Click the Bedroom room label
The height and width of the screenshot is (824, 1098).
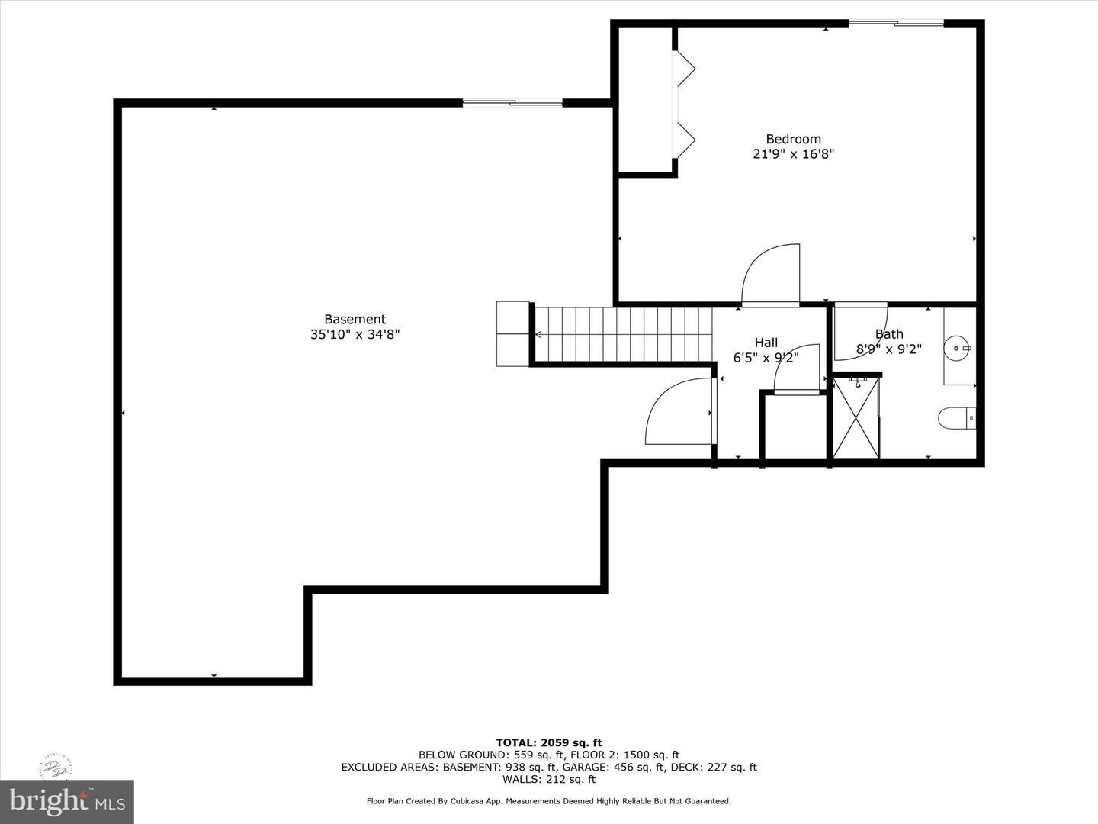pyautogui.click(x=793, y=139)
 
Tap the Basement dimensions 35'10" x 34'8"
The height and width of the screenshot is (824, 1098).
pyautogui.click(x=355, y=334)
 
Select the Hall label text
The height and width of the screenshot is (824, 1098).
pyautogui.click(x=766, y=343)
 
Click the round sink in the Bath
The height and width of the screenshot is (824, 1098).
pyautogui.click(x=956, y=347)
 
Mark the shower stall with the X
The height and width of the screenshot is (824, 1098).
pyautogui.click(x=856, y=418)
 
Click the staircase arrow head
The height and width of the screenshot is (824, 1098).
pyautogui.click(x=538, y=334)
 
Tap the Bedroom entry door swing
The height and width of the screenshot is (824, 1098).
pyautogui.click(x=770, y=274)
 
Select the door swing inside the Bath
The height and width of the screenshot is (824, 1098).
pyautogui.click(x=860, y=332)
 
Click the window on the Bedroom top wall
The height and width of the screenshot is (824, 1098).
pyautogui.click(x=896, y=23)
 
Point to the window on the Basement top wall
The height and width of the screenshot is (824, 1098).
pyautogui.click(x=512, y=103)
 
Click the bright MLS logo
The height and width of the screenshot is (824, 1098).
pyautogui.click(x=66, y=801)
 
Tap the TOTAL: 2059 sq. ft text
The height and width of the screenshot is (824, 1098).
pyautogui.click(x=549, y=742)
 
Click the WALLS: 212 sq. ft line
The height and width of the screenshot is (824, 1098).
pyautogui.click(x=549, y=779)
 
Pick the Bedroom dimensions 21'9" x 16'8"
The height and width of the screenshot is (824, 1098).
pyautogui.click(x=793, y=153)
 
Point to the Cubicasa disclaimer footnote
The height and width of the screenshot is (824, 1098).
pyautogui.click(x=549, y=801)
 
